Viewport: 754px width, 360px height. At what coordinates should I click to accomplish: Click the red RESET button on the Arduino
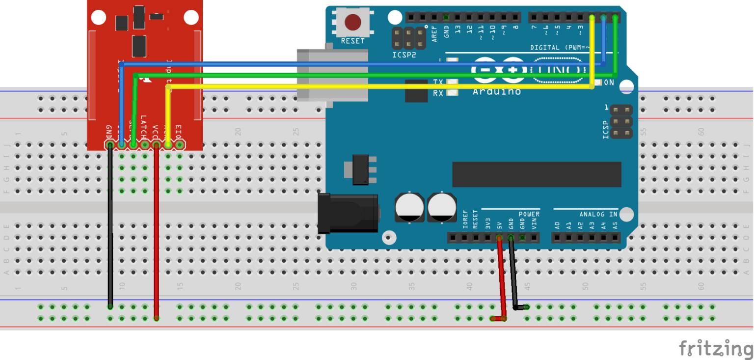(x=352, y=22)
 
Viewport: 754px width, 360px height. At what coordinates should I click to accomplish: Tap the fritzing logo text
(x=716, y=348)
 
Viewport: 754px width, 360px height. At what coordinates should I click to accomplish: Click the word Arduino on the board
(x=496, y=92)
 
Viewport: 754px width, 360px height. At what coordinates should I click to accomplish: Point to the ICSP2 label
(x=404, y=55)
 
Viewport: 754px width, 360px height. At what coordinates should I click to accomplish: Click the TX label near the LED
(x=438, y=82)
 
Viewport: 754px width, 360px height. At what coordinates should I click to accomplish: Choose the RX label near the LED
(x=438, y=93)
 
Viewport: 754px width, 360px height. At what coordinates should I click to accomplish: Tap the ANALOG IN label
(x=598, y=214)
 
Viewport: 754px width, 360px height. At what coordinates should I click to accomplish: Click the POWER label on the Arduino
(x=529, y=214)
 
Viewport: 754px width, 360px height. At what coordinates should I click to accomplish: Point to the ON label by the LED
(x=609, y=83)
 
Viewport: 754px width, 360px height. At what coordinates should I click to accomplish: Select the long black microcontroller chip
(x=537, y=174)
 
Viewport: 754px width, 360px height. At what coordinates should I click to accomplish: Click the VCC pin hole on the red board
(x=156, y=145)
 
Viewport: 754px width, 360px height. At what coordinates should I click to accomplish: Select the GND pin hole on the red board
(x=109, y=145)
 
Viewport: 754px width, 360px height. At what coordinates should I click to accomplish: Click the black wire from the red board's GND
(x=110, y=226)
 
